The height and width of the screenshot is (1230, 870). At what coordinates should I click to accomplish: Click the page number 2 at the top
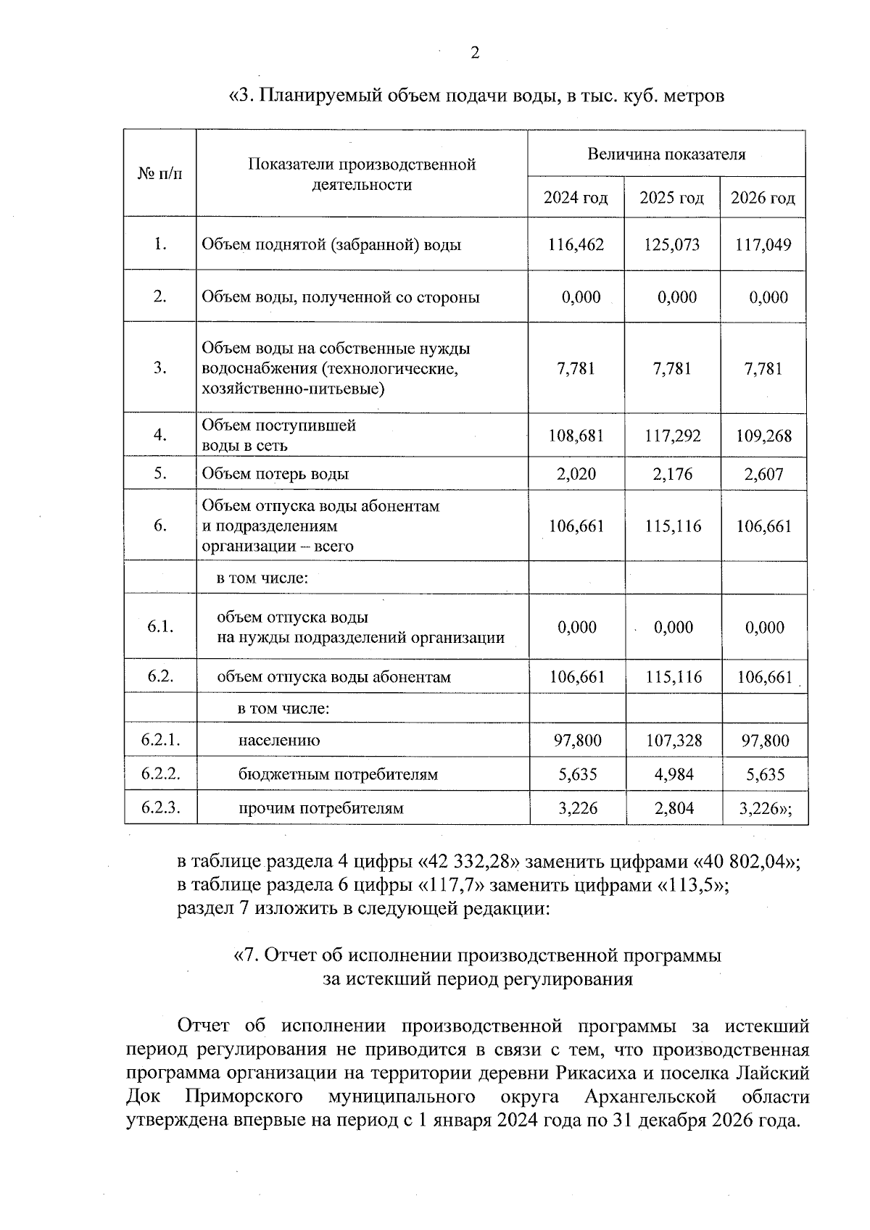point(475,52)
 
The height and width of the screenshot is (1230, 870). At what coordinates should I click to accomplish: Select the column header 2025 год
point(671,198)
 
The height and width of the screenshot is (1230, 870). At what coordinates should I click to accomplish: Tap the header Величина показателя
point(666,154)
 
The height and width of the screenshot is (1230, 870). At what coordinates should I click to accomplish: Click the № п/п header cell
point(159,174)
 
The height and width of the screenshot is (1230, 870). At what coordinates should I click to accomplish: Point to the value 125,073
point(671,245)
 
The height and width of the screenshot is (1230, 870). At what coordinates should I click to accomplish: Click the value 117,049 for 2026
point(763,245)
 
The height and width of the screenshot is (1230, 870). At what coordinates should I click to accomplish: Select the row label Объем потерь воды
point(275,474)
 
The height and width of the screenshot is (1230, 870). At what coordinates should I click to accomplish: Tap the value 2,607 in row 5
point(763,474)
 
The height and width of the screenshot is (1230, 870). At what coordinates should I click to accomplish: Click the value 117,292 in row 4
point(672,436)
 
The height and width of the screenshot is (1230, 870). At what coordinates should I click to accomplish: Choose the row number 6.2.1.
point(160,740)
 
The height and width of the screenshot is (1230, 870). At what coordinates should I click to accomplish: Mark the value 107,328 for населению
point(674,741)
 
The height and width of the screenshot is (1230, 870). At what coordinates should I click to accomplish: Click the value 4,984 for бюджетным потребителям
point(674,774)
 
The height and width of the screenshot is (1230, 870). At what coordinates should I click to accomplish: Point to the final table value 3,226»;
point(765,808)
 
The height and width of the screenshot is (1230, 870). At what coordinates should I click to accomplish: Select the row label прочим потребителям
point(320,808)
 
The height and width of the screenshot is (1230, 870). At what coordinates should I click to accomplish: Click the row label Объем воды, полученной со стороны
point(340,297)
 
